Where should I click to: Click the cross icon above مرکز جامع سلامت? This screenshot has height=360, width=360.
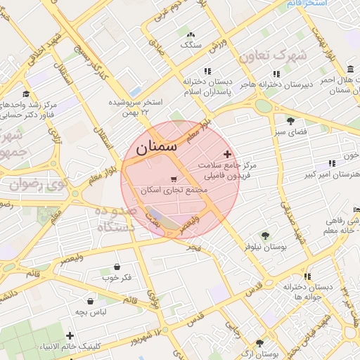click(226, 153)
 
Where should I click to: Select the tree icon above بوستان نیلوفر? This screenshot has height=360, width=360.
click(265, 236)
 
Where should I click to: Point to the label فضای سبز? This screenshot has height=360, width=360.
click(290, 131)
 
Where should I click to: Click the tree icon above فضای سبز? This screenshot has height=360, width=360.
click(290, 121)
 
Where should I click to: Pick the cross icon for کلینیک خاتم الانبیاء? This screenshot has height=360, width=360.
click(70, 335)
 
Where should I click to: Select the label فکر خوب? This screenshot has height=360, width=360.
click(116, 277)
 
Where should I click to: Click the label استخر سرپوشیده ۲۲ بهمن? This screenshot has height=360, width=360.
click(135, 107)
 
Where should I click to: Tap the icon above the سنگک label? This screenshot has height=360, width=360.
click(191, 34)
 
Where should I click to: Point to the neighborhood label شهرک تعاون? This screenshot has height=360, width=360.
click(273, 55)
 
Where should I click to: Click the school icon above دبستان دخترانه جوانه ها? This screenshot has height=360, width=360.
click(307, 277)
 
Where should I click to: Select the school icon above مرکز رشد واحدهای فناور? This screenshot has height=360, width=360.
click(25, 94)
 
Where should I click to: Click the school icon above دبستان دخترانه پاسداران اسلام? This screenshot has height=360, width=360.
click(207, 71)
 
